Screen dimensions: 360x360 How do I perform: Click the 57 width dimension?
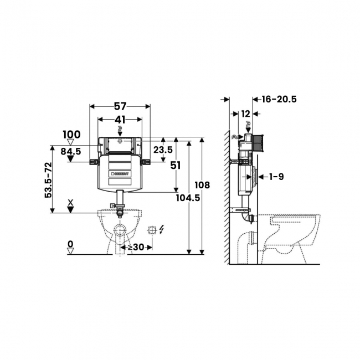pos(120,106)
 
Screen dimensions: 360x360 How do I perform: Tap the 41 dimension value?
pos(120,120)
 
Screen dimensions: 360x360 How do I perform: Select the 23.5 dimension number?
pos(163,150)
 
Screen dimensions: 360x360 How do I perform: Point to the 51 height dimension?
pos(176,165)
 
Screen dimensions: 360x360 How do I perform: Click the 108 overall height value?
pos(202,185)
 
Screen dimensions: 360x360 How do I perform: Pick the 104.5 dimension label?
pos(188,198)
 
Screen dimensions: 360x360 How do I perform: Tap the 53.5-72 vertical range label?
pos(48,180)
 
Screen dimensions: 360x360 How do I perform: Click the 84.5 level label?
pos(71,151)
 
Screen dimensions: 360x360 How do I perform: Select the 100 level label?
pos(72,135)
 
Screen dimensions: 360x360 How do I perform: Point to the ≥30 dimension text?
pos(136,247)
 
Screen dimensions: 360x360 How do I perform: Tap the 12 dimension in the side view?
pos(246,114)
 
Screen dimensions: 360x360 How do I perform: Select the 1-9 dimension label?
pos(276,177)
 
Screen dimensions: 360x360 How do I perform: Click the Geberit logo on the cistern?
pos(120,173)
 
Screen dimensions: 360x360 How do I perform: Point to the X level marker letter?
pos(71,202)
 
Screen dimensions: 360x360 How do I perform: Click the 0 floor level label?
pos(70,244)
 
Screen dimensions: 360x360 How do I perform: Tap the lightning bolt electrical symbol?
pos(162,229)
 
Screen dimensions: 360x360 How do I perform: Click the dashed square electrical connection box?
pos(152,230)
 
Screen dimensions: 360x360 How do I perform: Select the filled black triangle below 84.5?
pos(70,158)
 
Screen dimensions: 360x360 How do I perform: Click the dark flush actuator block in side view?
pos(258,143)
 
